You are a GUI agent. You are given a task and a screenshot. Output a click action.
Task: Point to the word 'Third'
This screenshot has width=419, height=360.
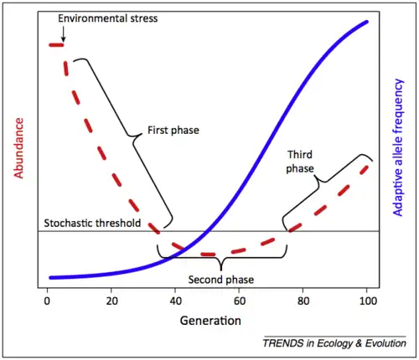tap(300, 155)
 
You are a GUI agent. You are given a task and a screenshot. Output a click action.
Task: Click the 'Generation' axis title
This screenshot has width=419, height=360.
tap(209, 321)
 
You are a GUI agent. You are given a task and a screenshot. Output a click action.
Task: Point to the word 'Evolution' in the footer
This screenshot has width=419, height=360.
tap(384, 343)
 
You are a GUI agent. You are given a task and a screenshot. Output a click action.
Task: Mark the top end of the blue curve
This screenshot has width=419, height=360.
tap(366, 21)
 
